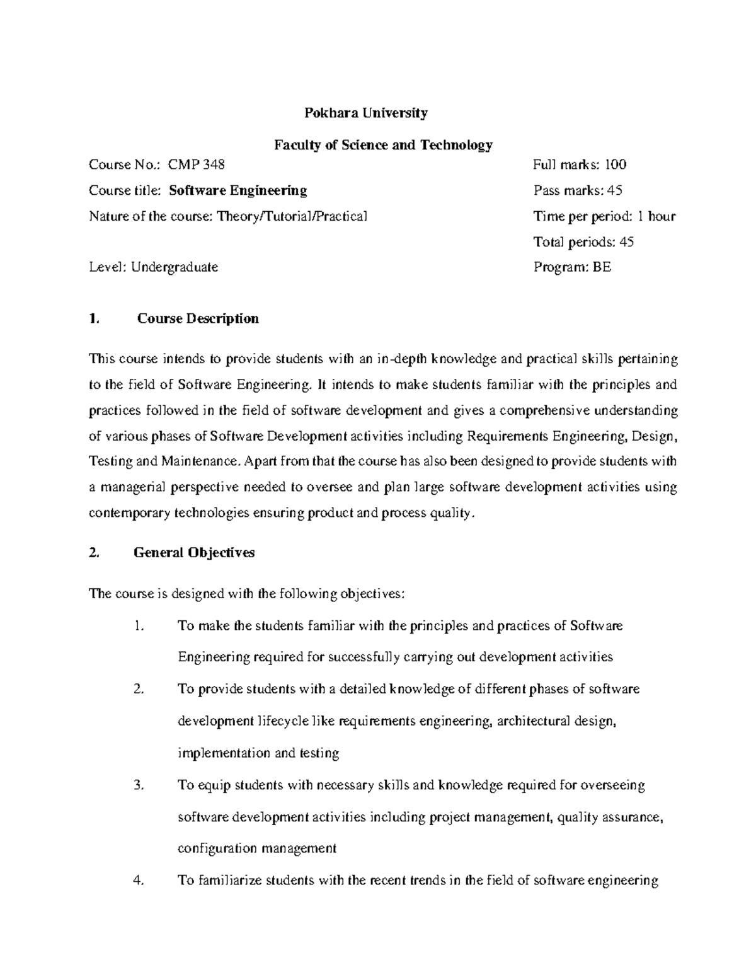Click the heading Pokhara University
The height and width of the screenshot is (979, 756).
click(x=366, y=113)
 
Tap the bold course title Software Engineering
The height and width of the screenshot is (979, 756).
click(x=238, y=190)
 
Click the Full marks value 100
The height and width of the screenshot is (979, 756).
click(x=615, y=165)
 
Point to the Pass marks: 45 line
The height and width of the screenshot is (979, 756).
click(x=578, y=190)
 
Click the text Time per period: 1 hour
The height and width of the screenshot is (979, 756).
click(x=604, y=216)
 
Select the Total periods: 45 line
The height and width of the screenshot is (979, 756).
click(x=583, y=242)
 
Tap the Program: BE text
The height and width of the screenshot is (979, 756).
click(x=572, y=267)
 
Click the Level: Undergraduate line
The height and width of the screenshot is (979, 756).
click(x=154, y=267)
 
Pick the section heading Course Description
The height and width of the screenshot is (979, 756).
click(x=198, y=318)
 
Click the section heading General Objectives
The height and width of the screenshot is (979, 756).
click(x=194, y=553)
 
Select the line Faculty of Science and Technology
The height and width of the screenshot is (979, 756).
click(x=383, y=146)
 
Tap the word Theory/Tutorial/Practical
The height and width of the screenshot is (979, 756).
click(x=291, y=216)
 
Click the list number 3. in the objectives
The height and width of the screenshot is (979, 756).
click(x=139, y=785)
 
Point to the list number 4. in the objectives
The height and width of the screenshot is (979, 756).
click(x=139, y=881)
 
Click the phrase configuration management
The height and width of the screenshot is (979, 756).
click(x=257, y=849)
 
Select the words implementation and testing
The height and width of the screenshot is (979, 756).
click(x=258, y=753)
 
